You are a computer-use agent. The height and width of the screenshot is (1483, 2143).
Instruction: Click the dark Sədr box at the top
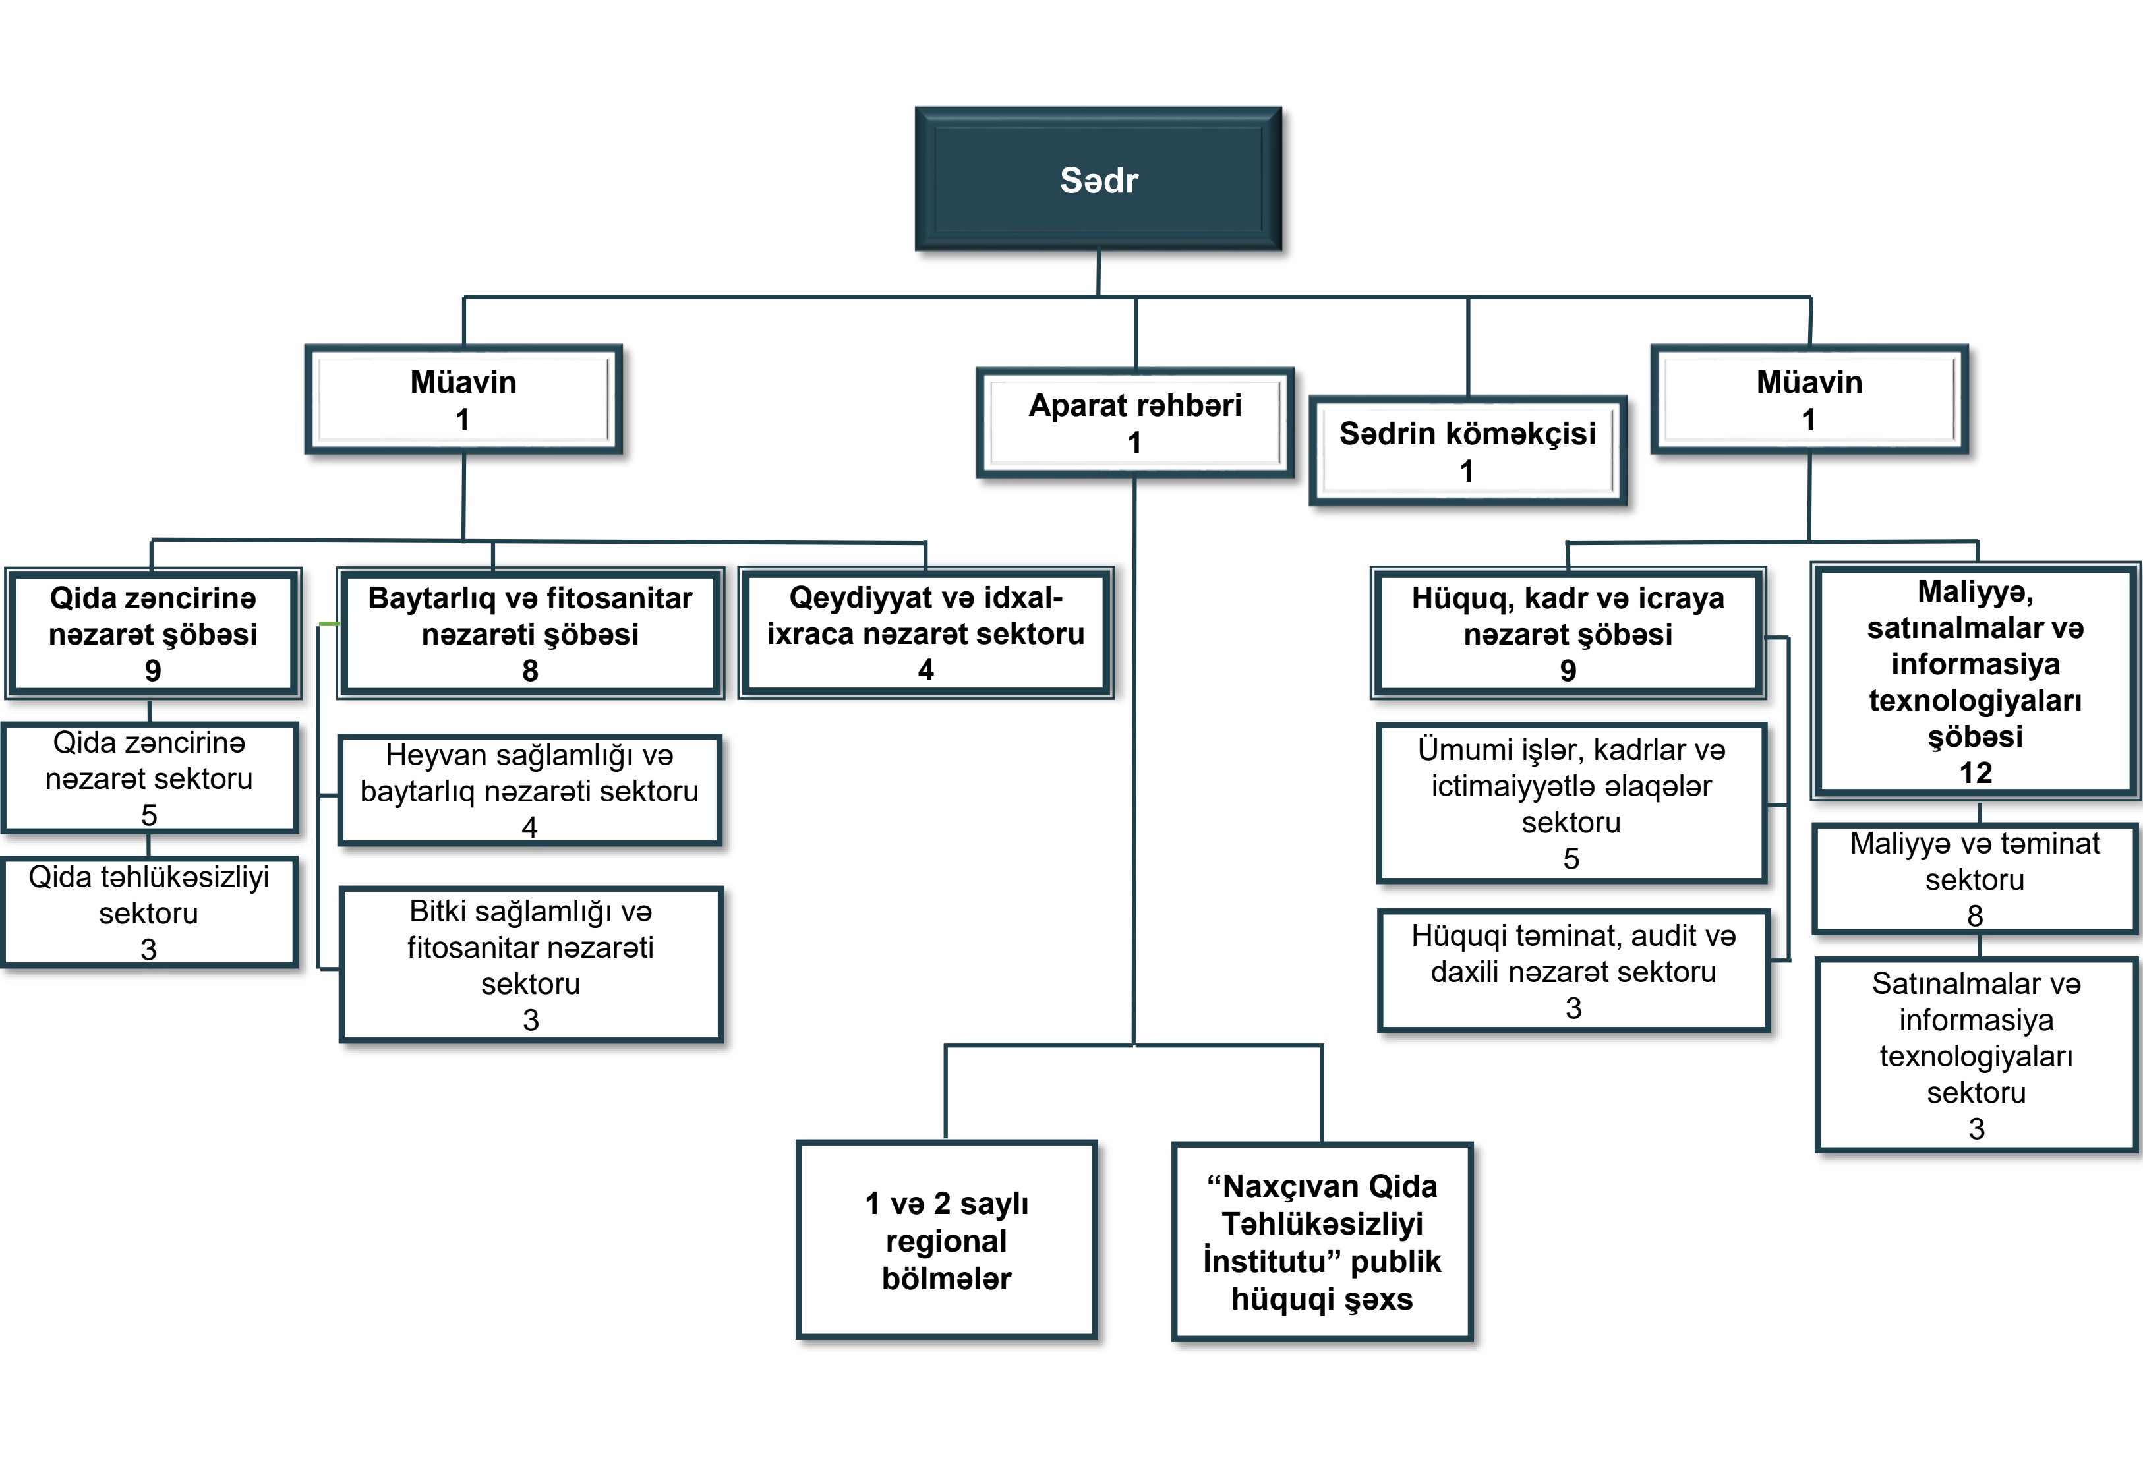1098,179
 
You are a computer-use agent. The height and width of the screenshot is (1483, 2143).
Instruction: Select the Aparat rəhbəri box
1134,422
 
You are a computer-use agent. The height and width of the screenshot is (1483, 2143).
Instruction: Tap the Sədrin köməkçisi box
1467,451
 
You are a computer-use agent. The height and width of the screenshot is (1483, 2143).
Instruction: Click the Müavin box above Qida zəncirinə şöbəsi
463,399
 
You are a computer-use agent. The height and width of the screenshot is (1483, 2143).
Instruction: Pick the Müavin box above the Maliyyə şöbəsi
1809,399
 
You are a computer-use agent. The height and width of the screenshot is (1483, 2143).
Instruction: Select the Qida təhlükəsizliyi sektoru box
149,912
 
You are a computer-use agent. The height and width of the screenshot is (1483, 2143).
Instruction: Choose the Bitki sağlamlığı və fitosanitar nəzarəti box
531,964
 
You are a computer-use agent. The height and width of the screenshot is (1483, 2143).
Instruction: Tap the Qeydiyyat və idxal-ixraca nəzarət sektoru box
925,633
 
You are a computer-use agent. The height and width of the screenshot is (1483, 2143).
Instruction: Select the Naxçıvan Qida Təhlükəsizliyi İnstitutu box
1322,1241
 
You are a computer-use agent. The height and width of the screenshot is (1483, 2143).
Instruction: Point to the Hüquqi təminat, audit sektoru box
1573,971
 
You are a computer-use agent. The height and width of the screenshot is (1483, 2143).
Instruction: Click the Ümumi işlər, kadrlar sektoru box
1571,803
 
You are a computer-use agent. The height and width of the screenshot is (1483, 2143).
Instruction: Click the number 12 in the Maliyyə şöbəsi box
1976,772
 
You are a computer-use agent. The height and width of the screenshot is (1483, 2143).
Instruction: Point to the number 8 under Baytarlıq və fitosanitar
530,670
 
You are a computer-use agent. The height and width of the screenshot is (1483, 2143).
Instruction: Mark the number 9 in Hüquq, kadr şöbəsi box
1568,670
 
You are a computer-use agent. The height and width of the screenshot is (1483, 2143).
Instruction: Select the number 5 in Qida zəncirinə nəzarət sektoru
149,815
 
